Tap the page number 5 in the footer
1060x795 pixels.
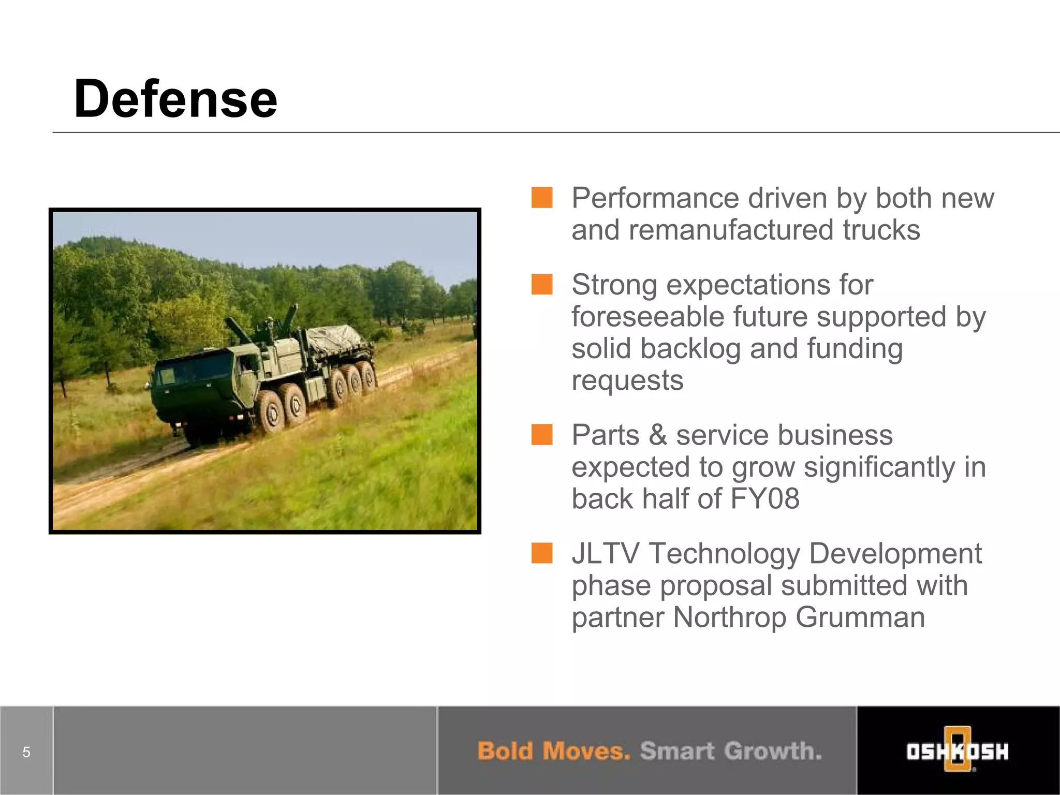[26, 752]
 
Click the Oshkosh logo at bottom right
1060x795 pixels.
[957, 751]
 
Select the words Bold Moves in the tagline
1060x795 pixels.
[553, 751]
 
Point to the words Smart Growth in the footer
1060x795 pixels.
[730, 751]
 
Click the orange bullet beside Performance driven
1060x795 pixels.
[542, 198]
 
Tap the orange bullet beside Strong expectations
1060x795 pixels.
[542, 284]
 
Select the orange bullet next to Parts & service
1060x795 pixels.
[542, 435]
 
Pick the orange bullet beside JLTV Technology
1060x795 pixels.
[542, 553]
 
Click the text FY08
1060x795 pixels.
[764, 498]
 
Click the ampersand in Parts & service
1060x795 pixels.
[657, 435]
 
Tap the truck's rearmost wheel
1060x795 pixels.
[368, 374]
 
